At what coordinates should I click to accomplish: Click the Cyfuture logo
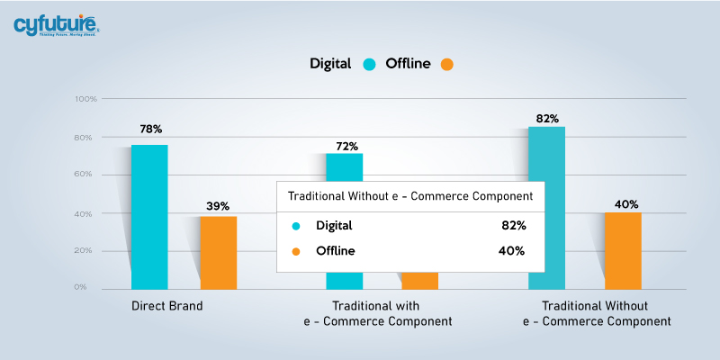pyautogui.click(x=56, y=24)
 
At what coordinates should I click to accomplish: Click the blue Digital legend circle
pyautogui.click(x=369, y=64)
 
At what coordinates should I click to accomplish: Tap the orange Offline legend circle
pyautogui.click(x=447, y=64)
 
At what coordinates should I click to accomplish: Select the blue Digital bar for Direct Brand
pyautogui.click(x=148, y=216)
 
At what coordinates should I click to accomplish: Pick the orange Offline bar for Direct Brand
pyautogui.click(x=219, y=252)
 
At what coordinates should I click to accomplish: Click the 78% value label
pyautogui.click(x=150, y=129)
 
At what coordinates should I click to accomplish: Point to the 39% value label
pyautogui.click(x=218, y=206)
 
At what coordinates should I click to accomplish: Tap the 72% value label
pyautogui.click(x=347, y=146)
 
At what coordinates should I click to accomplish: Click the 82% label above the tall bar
pyautogui.click(x=547, y=118)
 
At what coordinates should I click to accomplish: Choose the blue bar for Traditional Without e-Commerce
pyautogui.click(x=546, y=208)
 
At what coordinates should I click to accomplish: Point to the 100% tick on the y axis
pyautogui.click(x=85, y=98)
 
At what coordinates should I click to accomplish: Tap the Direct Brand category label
pyautogui.click(x=166, y=306)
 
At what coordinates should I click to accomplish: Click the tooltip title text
pyautogui.click(x=409, y=195)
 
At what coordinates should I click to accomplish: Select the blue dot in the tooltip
pyautogui.click(x=295, y=225)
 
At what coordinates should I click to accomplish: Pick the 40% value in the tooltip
pyautogui.click(x=513, y=250)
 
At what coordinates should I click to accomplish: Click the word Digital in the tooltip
pyautogui.click(x=334, y=225)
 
